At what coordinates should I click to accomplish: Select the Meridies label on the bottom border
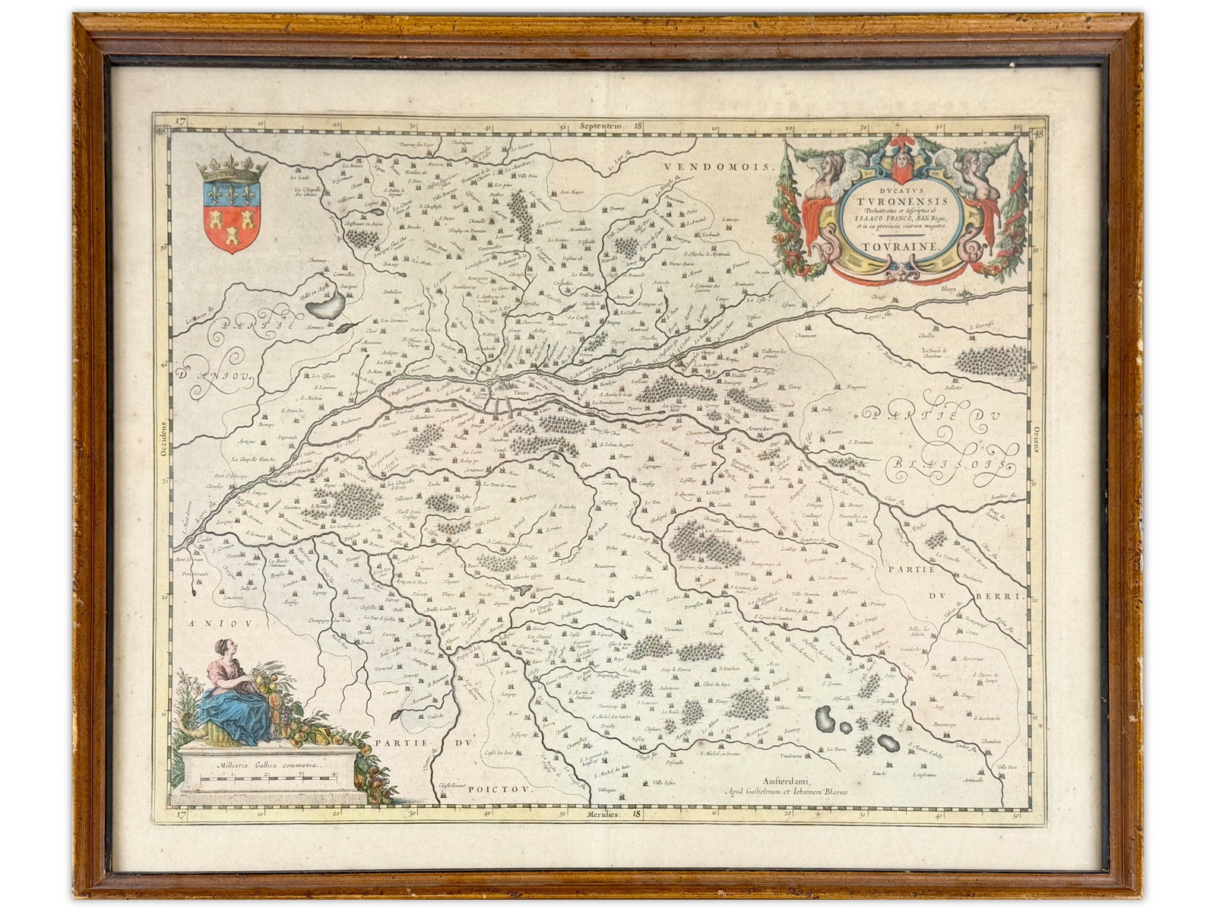click(598, 815)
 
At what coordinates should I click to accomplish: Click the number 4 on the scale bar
click(334, 775)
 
